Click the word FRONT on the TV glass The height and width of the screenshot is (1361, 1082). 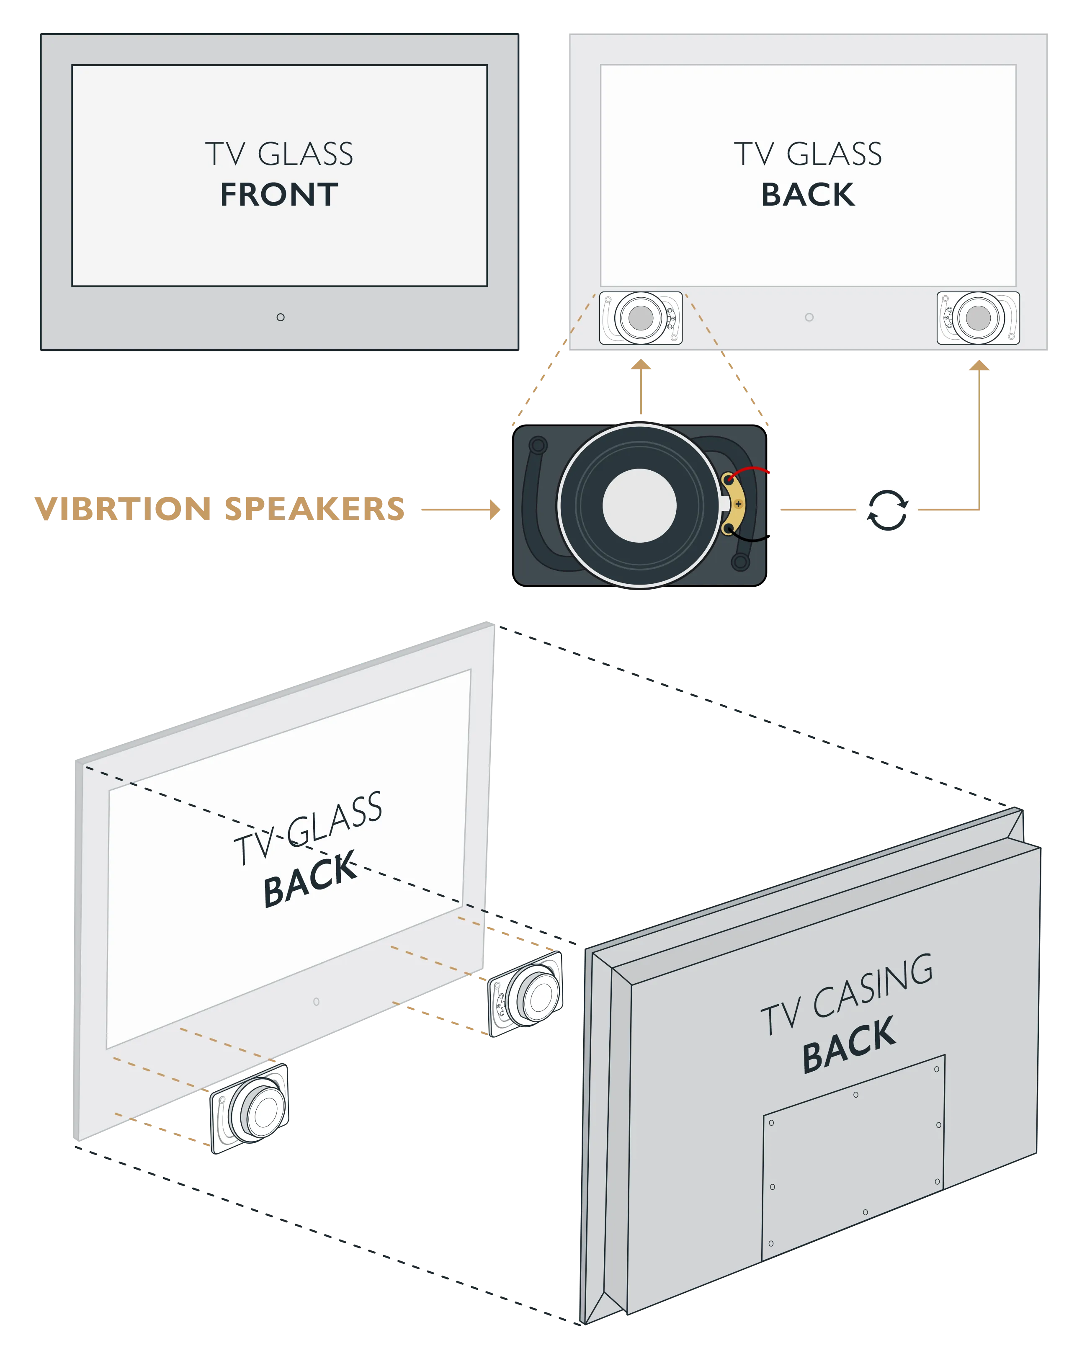(279, 194)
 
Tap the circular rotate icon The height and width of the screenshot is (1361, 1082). (886, 509)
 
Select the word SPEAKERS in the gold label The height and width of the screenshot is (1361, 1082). (314, 509)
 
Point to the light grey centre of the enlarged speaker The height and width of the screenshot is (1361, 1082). (639, 505)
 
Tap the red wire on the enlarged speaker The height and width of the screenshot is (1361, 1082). (751, 470)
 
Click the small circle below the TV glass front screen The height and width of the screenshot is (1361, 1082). (280, 317)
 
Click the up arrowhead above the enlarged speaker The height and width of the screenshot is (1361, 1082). (641, 365)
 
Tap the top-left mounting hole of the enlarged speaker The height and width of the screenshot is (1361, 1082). (538, 446)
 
